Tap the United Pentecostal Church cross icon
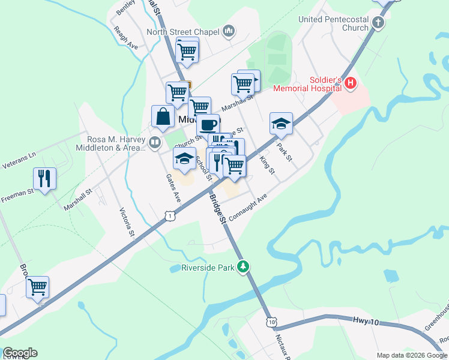pyautogui.click(x=378, y=23)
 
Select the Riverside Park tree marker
pyautogui.click(x=243, y=266)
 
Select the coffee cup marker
pyautogui.click(x=208, y=125)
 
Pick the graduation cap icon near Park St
pyautogui.click(x=281, y=124)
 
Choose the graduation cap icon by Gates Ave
pyautogui.click(x=185, y=158)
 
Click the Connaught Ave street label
pyautogui.click(x=247, y=208)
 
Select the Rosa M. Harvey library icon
pyautogui.click(x=155, y=142)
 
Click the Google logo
pyautogui.click(x=20, y=353)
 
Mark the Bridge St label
pyautogui.click(x=217, y=208)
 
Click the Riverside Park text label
pyautogui.click(x=208, y=268)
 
